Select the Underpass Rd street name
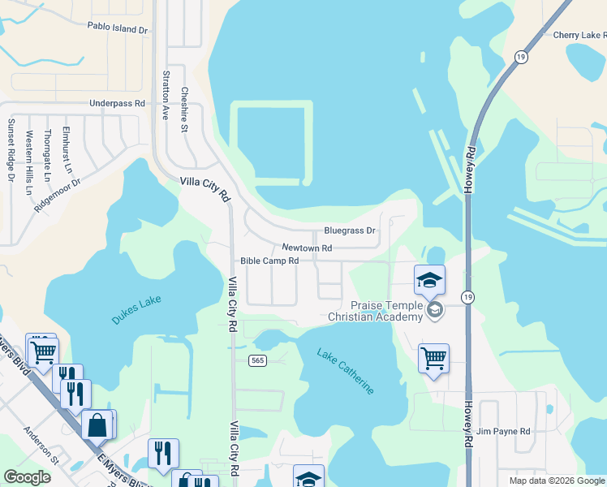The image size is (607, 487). [117, 104]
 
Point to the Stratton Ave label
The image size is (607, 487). [166, 95]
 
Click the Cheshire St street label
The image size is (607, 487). [184, 110]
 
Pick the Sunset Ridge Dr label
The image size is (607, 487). [11, 149]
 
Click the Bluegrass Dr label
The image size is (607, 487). [349, 231]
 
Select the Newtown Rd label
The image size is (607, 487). [307, 248]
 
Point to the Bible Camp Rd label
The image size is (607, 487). [269, 261]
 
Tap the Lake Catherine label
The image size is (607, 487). [346, 372]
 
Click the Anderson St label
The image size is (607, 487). [41, 446]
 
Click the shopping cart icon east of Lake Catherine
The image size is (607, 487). [433, 357]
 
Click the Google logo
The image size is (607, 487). [27, 477]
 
